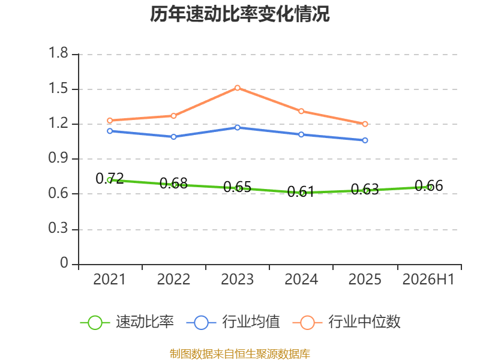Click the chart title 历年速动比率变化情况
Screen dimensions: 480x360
(x=239, y=14)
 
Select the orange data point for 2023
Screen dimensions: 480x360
(x=237, y=88)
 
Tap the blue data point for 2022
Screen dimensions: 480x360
(x=173, y=137)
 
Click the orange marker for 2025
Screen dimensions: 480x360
(x=365, y=124)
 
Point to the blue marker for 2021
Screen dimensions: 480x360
(x=110, y=131)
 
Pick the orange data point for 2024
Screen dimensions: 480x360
(x=301, y=111)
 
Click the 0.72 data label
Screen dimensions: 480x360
(x=110, y=178)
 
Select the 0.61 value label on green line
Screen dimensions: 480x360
(x=301, y=191)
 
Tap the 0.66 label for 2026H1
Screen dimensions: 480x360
(x=429, y=186)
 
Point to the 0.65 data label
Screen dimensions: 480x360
(x=237, y=187)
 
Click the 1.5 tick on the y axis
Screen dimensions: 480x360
(x=58, y=89)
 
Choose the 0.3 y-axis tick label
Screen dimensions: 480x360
(x=58, y=229)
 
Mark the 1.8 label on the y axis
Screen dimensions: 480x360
(x=58, y=53)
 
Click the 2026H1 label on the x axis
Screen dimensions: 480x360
(x=428, y=280)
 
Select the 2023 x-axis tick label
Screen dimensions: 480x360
(x=237, y=280)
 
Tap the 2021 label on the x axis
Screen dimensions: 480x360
(x=109, y=280)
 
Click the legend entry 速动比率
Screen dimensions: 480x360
(x=127, y=322)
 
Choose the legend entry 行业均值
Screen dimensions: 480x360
(x=233, y=322)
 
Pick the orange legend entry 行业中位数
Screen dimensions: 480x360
(x=347, y=322)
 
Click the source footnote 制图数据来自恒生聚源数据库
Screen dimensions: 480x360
(x=240, y=354)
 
